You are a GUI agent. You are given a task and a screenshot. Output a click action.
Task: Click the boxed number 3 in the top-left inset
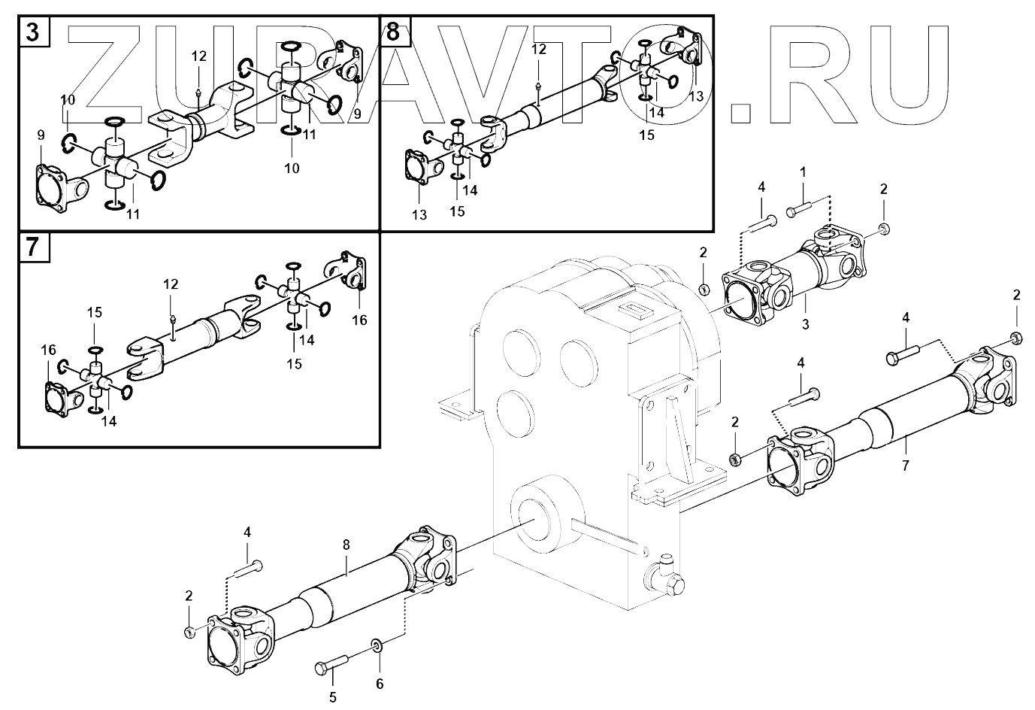click(x=33, y=33)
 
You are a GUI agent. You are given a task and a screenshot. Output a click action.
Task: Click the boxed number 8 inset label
click(x=395, y=32)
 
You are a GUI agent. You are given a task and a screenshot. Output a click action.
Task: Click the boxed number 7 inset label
click(x=34, y=247)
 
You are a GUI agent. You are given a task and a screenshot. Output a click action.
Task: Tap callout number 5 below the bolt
click(x=333, y=696)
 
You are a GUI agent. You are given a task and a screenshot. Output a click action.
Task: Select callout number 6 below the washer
click(x=380, y=683)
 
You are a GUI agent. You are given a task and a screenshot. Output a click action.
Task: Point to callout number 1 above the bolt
click(x=803, y=172)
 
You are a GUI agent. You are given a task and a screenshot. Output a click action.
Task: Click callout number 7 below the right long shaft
click(x=905, y=466)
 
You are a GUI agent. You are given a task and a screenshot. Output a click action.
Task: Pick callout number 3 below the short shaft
click(x=805, y=324)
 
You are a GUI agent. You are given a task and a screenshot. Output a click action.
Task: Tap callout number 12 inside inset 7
click(x=171, y=284)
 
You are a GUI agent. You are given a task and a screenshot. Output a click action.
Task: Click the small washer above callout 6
click(x=375, y=645)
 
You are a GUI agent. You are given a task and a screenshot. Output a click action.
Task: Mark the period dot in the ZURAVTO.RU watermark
click(x=740, y=111)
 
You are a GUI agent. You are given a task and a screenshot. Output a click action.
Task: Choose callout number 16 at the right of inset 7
click(x=359, y=320)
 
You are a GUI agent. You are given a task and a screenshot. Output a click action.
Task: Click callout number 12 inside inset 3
click(x=198, y=56)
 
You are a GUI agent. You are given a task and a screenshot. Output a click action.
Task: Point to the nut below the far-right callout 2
click(x=1015, y=336)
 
